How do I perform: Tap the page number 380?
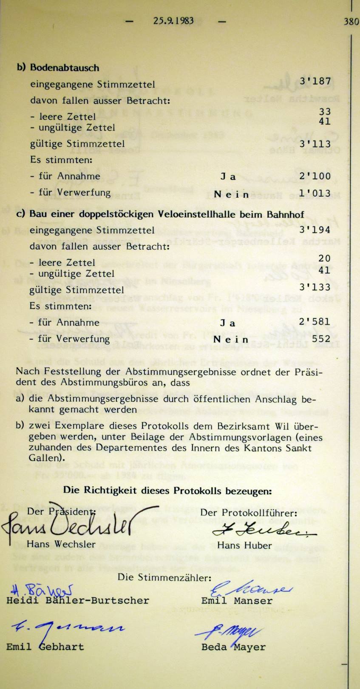coord(351,21)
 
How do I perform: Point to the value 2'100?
coord(315,176)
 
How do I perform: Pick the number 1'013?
coord(315,193)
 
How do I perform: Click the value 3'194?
coord(315,230)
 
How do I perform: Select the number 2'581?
coord(315,322)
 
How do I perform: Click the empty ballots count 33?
coord(325,112)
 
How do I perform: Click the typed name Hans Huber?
coord(244,544)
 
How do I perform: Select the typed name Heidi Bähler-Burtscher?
coord(78,601)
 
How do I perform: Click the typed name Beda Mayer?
coord(233,647)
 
